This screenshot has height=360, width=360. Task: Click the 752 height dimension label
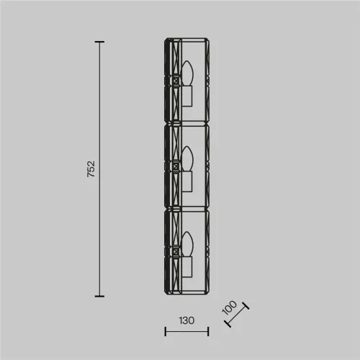pos(91,169)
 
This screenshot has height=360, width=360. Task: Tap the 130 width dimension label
pos(186,320)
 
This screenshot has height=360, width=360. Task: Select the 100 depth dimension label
pos(229,307)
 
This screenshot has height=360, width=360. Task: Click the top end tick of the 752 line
pos(99,42)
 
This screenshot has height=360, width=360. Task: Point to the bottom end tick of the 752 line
pos(99,296)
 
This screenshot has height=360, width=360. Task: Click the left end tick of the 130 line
pos(166,331)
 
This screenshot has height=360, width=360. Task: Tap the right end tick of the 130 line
pos(208,331)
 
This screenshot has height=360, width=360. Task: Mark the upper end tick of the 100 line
pos(246,306)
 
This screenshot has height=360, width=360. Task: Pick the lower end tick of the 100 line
pos(228,323)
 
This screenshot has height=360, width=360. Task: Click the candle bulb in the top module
pos(187,73)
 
